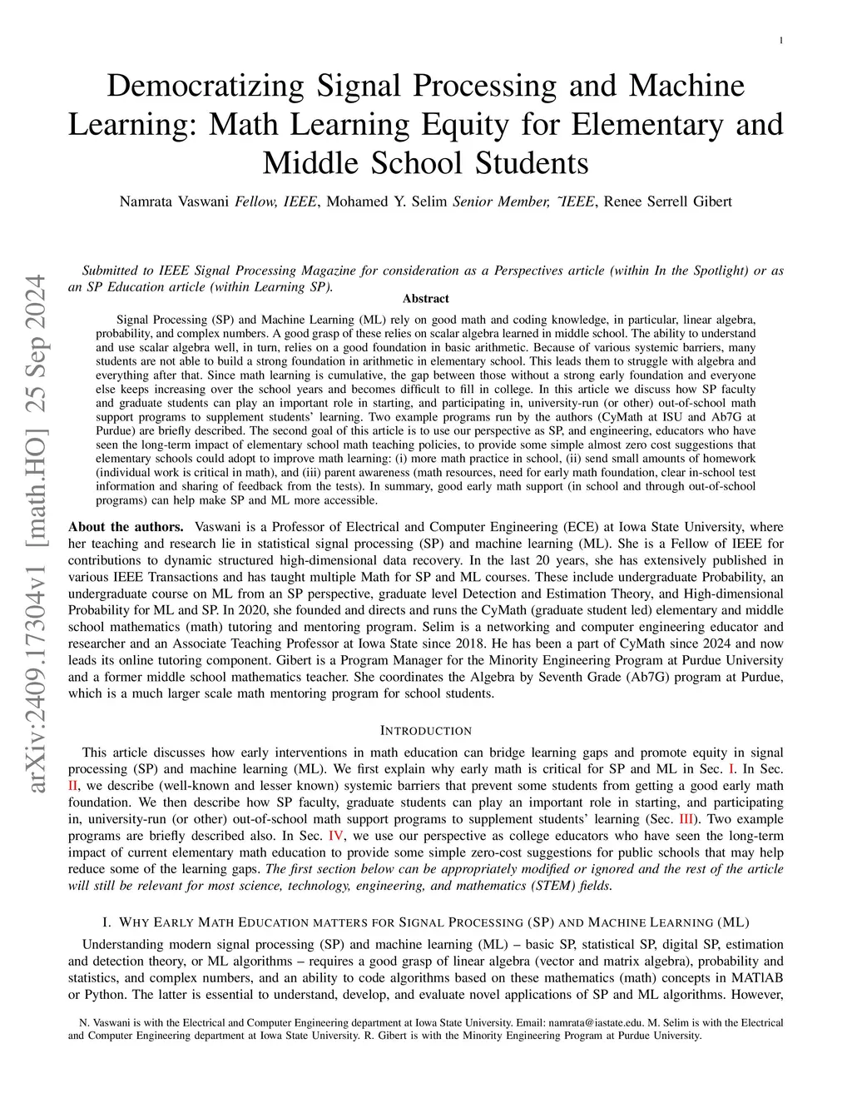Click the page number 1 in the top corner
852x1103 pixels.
[782, 41]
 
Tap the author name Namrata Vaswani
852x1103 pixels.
[174, 201]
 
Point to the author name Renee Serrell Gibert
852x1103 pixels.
[667, 201]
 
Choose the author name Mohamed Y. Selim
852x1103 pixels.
[387, 201]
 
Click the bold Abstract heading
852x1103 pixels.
[425, 299]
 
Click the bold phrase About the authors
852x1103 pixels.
[126, 527]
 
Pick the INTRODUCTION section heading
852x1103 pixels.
[425, 731]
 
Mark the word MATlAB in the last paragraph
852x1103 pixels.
[759, 978]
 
